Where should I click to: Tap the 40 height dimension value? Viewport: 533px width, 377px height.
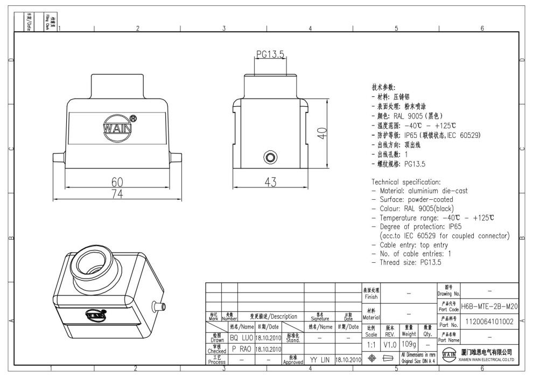pyautogui.click(x=322, y=133)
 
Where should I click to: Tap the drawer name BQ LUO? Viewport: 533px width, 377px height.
pyautogui.click(x=241, y=338)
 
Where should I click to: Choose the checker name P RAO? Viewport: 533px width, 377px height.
pyautogui.click(x=241, y=348)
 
